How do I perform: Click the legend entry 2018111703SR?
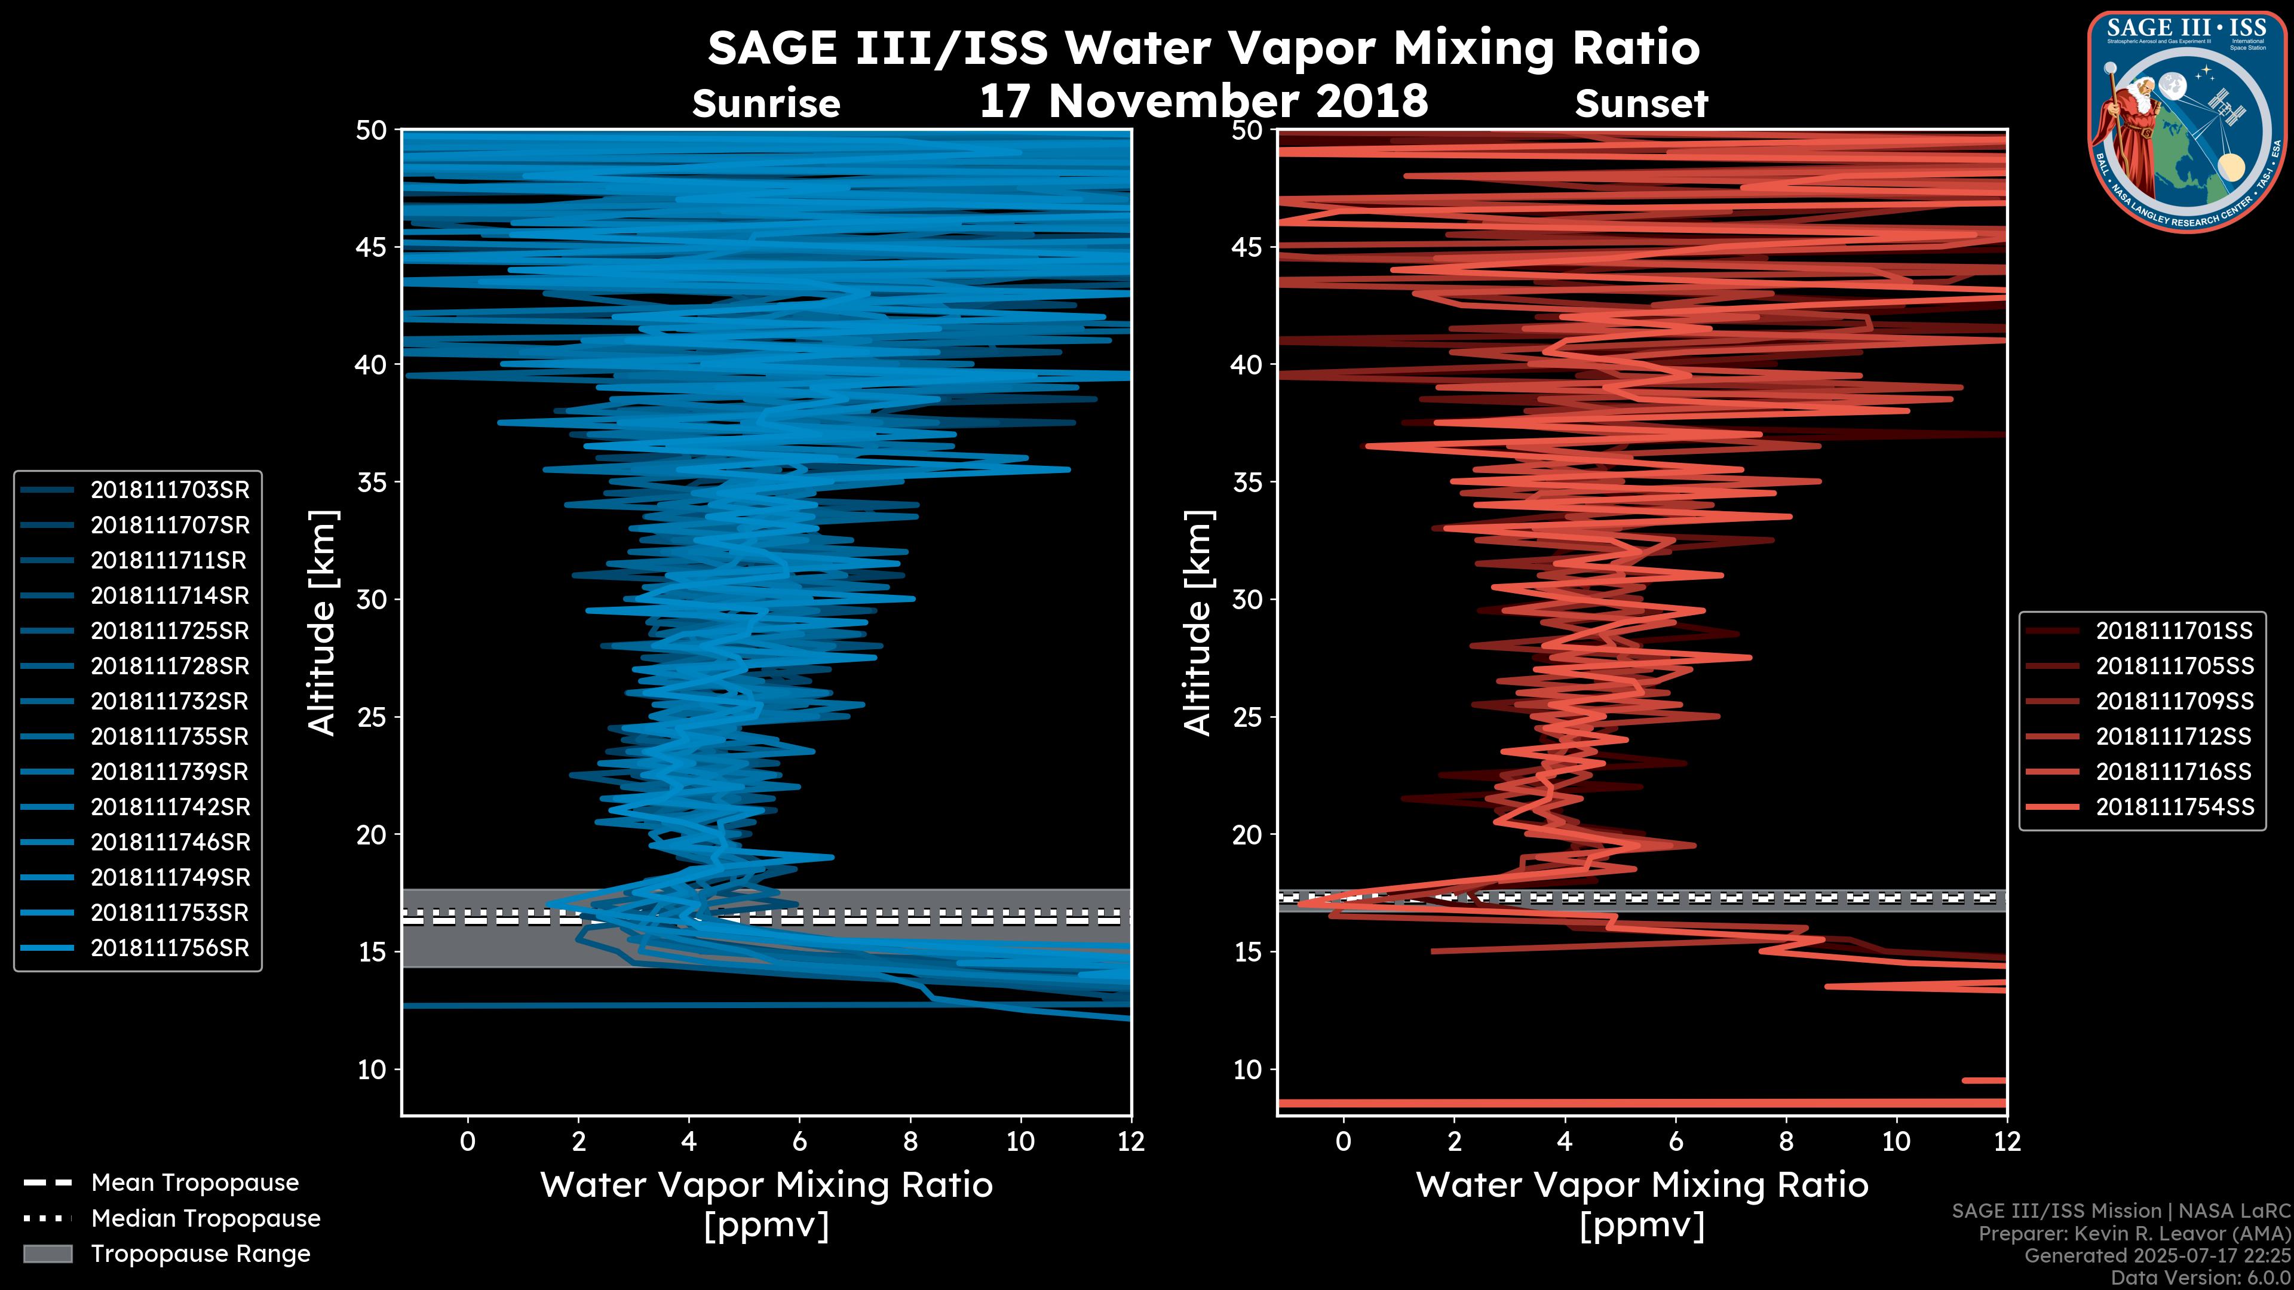(x=169, y=490)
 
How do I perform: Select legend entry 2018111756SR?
(x=169, y=948)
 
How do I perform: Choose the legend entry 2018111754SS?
(x=2174, y=807)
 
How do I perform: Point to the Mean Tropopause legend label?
(x=194, y=1183)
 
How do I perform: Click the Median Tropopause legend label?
(x=205, y=1219)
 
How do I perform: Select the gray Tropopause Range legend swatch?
(x=47, y=1254)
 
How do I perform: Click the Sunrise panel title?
(x=766, y=104)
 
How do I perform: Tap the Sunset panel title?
(x=1641, y=104)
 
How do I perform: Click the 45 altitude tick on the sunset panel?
(x=1247, y=247)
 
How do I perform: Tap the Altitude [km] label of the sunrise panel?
(x=323, y=622)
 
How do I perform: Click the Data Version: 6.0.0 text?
(x=2201, y=1279)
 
